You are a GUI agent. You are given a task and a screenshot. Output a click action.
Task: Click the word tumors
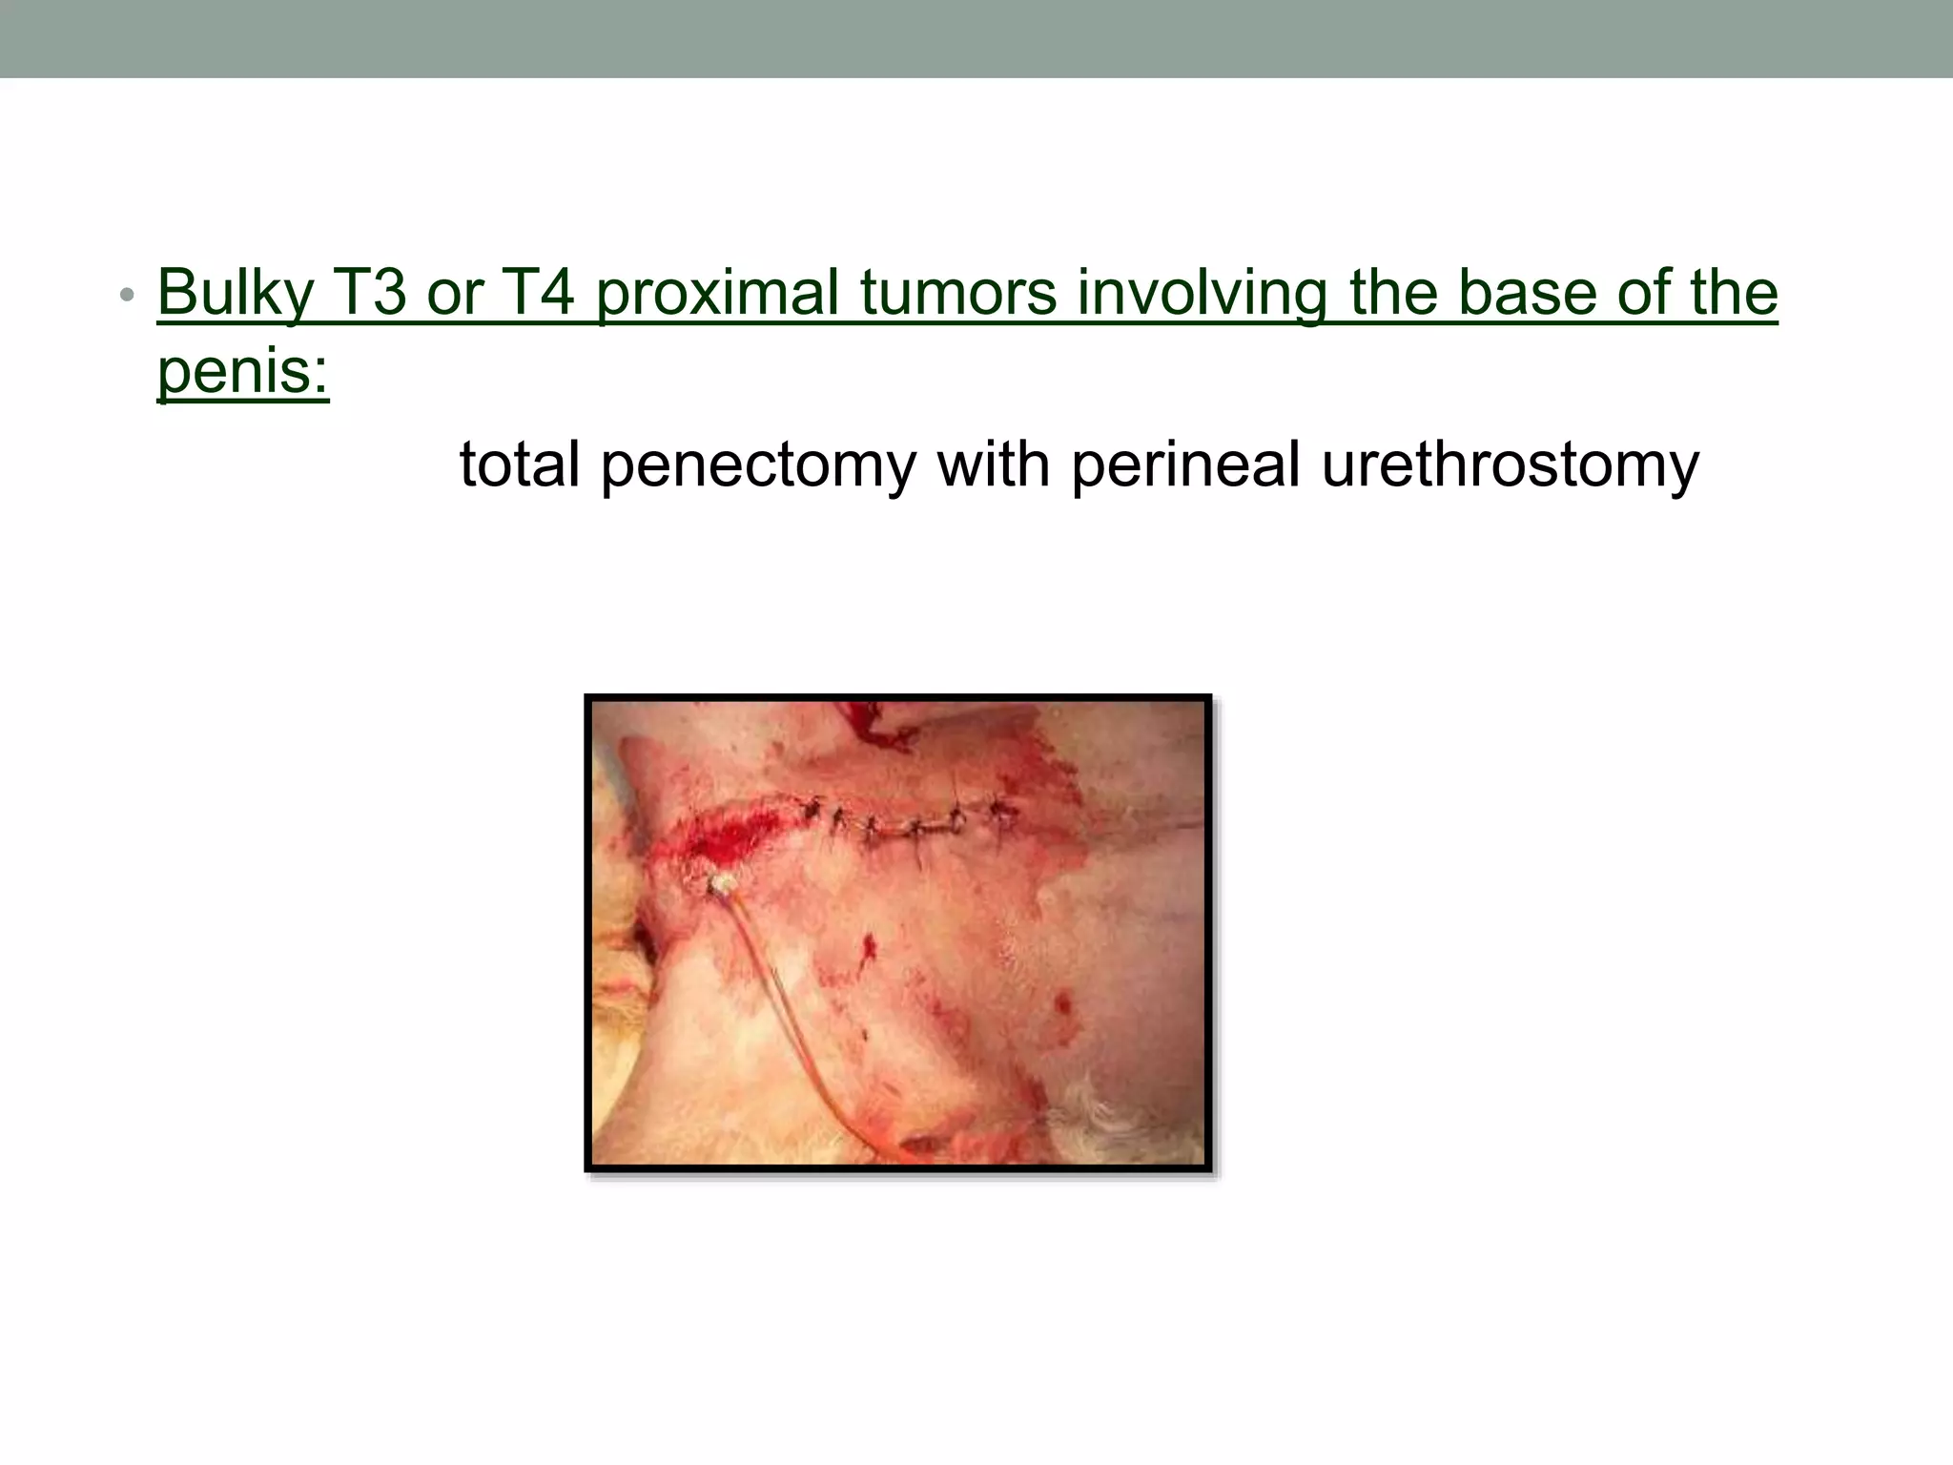click(x=958, y=293)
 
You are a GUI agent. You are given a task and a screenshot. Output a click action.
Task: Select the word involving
click(x=1202, y=293)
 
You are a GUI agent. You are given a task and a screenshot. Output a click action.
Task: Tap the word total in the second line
click(x=520, y=465)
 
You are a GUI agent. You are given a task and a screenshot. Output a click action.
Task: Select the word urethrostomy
click(x=1510, y=465)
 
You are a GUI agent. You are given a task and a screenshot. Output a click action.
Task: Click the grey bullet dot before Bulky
click(x=127, y=295)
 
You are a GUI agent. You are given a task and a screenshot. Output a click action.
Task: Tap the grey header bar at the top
click(x=976, y=38)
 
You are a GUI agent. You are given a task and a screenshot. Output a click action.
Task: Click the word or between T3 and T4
click(x=452, y=293)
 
